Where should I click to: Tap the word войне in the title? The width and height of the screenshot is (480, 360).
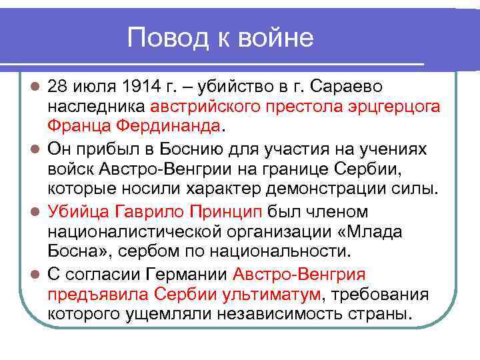pyautogui.click(x=278, y=38)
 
